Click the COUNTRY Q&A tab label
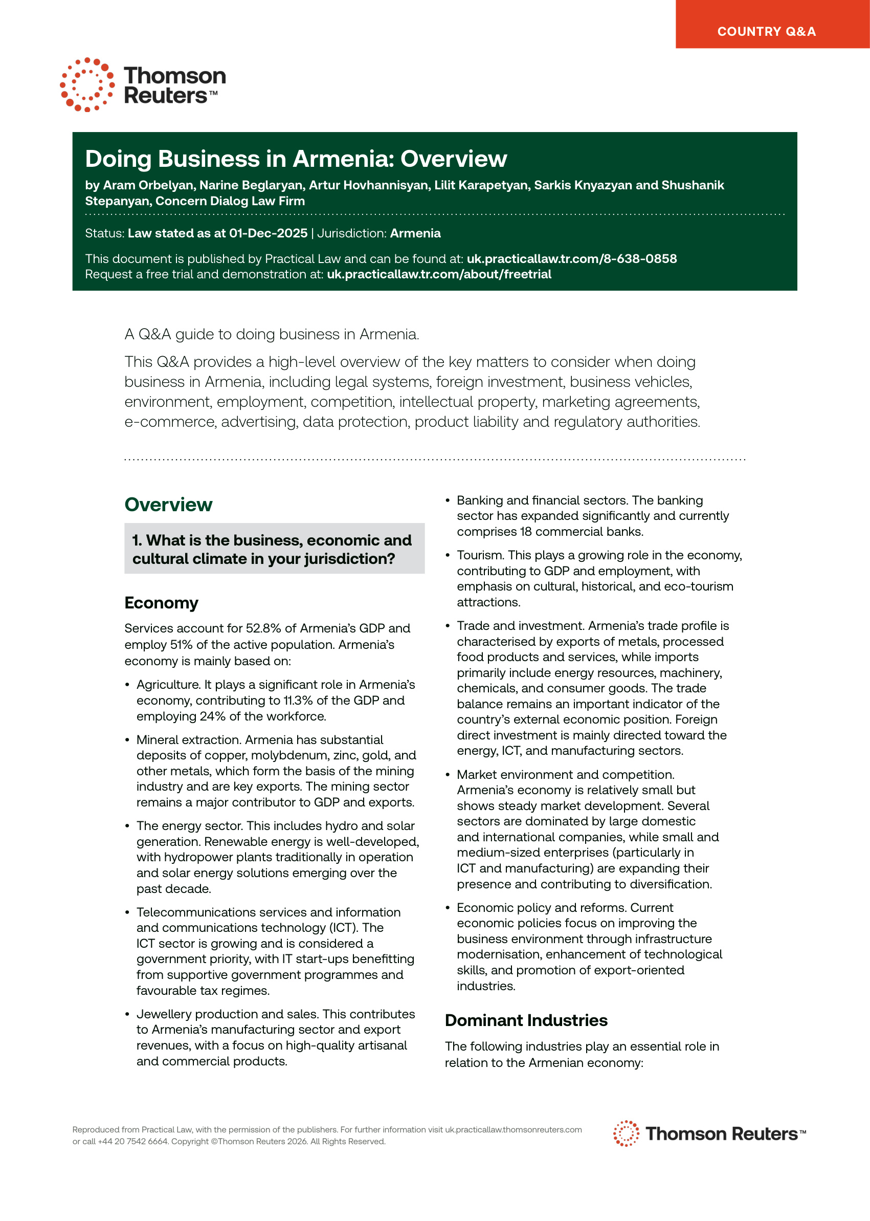coord(766,32)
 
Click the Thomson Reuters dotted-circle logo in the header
coord(87,84)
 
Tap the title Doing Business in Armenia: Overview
coord(296,159)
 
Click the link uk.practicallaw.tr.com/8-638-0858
coord(572,259)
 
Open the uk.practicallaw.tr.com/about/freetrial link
coord(439,274)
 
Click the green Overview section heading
coord(168,505)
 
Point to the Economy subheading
coord(161,603)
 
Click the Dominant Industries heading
coord(526,1020)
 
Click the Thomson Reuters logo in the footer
coord(709,1133)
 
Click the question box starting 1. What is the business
coord(274,549)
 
